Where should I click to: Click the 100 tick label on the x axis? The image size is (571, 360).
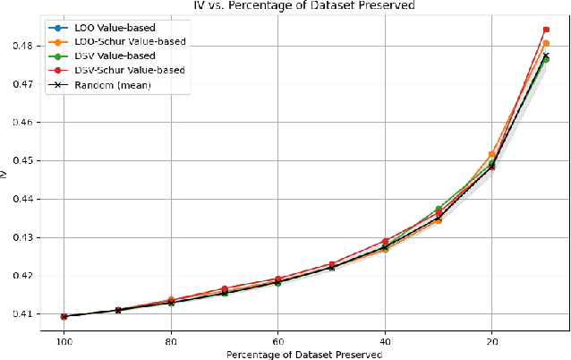[64, 342]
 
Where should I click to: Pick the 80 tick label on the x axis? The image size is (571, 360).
[171, 342]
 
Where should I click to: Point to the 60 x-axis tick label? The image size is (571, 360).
[277, 342]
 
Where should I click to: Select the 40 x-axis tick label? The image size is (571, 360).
[385, 342]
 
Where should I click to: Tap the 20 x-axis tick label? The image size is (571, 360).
[491, 342]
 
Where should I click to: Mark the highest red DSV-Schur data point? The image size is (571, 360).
[546, 30]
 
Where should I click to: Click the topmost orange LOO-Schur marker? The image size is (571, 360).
[546, 43]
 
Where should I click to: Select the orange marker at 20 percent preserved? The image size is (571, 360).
[492, 155]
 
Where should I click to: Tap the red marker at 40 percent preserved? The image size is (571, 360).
[385, 242]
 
